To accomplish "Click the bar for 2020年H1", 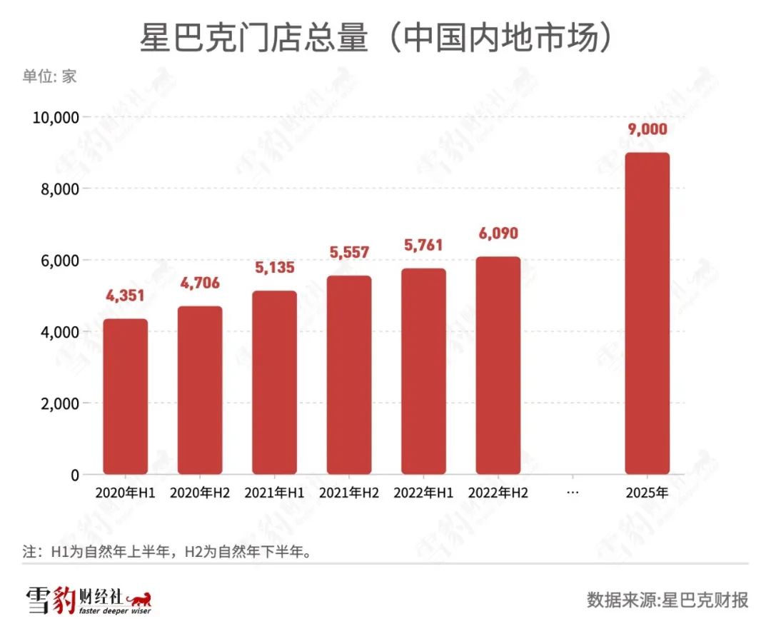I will [x=126, y=396].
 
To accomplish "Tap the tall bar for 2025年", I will [x=647, y=313].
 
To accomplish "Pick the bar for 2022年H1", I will [x=423, y=371].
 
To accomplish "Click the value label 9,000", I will [x=647, y=129].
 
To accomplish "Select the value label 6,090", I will [x=498, y=233].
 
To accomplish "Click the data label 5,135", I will [x=274, y=268].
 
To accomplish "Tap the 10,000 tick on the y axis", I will [x=55, y=117].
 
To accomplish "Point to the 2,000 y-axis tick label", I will [x=59, y=403].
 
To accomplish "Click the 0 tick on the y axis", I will [x=74, y=475].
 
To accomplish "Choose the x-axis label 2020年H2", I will [x=200, y=493].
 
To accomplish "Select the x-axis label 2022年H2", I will [x=498, y=493].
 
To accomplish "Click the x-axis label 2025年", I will [x=647, y=493].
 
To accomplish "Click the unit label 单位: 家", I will [x=49, y=76].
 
